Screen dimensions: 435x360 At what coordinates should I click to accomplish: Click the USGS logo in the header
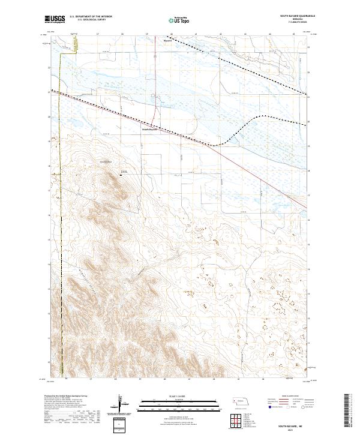55,19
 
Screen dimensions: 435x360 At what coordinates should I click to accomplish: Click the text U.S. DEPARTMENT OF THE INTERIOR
91,17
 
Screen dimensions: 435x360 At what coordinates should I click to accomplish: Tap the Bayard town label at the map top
167,41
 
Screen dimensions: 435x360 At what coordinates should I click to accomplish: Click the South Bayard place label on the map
149,128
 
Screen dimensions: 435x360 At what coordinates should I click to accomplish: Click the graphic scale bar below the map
179,403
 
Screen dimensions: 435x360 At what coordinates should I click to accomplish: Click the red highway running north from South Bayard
157,90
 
